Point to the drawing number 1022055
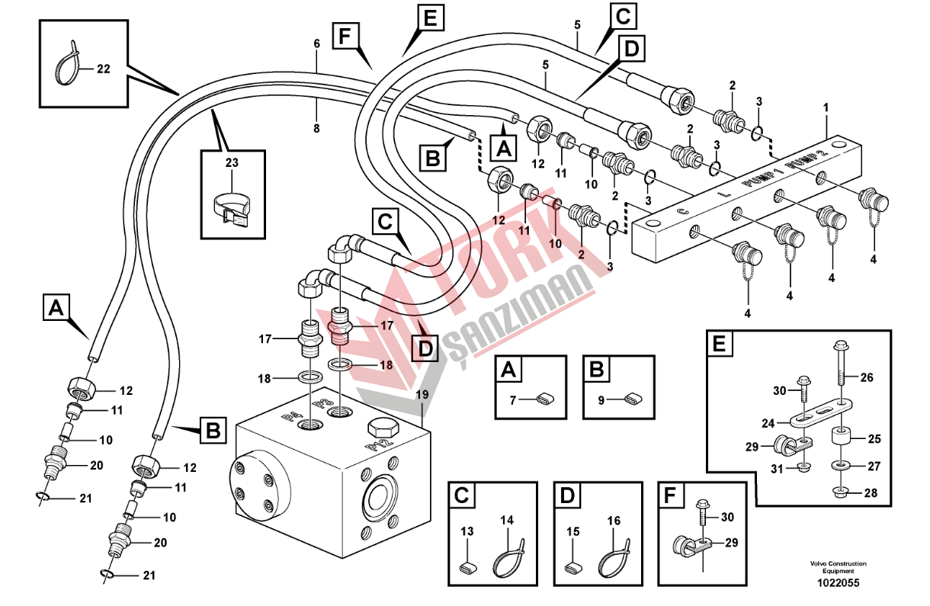point(838,583)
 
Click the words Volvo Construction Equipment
point(838,567)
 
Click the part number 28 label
point(870,493)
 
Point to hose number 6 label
point(316,44)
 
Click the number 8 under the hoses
point(316,129)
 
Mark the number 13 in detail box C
point(467,531)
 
